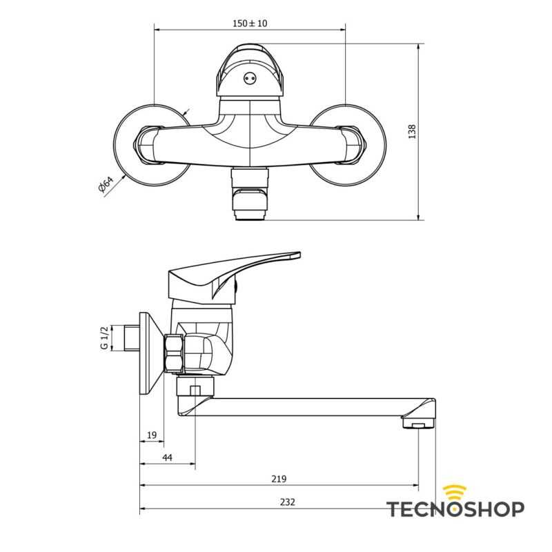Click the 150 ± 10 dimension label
[250, 23]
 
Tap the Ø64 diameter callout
[106, 185]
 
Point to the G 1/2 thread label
[103, 338]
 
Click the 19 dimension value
[152, 435]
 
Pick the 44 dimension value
[167, 457]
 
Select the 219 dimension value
[279, 479]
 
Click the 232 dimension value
[288, 502]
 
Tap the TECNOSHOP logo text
[455, 509]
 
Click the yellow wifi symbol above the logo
[454, 492]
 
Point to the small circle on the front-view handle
[249, 79]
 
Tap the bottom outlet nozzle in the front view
[249, 200]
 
